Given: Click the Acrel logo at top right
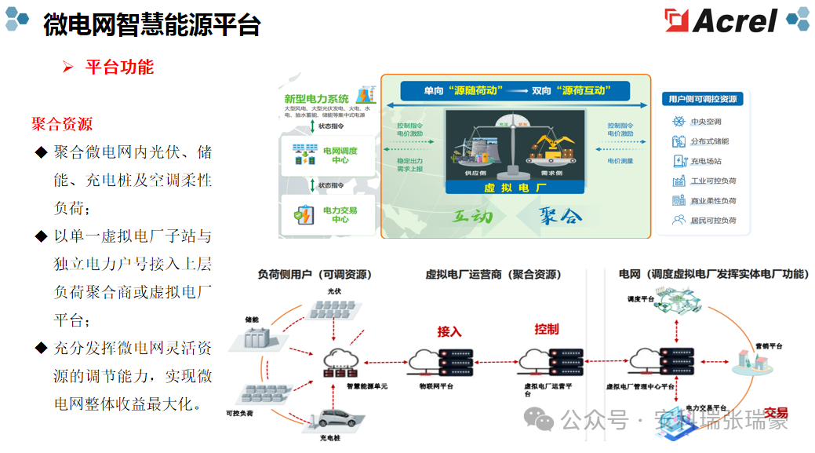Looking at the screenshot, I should pyautogui.click(x=720, y=21).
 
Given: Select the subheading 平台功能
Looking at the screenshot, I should pyautogui.click(x=119, y=67).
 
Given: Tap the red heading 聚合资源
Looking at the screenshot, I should pyautogui.click(x=62, y=124).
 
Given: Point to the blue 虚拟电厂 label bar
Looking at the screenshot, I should pyautogui.click(x=515, y=188).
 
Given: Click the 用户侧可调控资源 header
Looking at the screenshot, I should pyautogui.click(x=702, y=99).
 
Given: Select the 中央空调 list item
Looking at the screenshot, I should pyautogui.click(x=705, y=122).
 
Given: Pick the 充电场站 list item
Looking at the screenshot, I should pyautogui.click(x=705, y=161).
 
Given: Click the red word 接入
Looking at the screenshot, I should pyautogui.click(x=449, y=331).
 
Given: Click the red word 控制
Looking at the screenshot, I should pyautogui.click(x=547, y=329).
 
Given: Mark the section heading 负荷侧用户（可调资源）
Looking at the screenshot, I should pyautogui.click(x=315, y=274).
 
